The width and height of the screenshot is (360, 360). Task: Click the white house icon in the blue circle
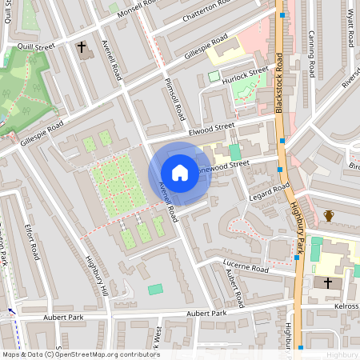click(179, 173)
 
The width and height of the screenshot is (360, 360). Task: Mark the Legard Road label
click(269, 191)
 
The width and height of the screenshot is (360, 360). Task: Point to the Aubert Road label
click(234, 288)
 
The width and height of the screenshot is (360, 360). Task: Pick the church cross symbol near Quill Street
click(82, 48)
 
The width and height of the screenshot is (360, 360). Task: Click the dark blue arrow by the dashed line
click(11, 311)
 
